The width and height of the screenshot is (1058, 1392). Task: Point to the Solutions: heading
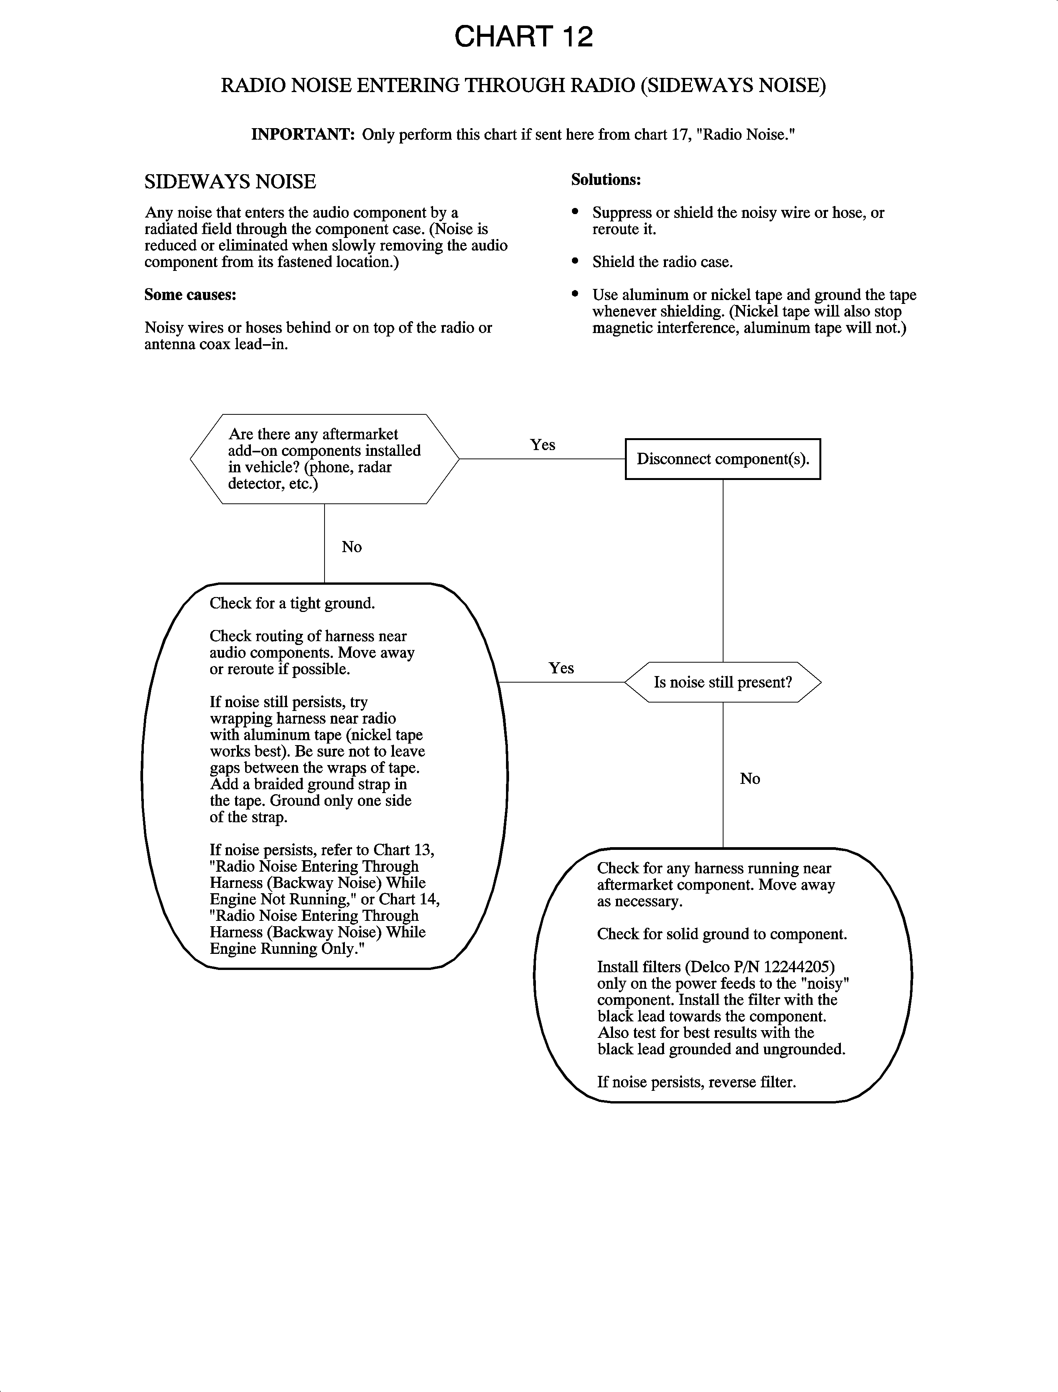[606, 180]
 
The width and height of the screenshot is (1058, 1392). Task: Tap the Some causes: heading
[190, 295]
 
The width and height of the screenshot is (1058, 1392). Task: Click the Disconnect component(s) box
[722, 459]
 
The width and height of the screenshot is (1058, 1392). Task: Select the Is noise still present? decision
[722, 682]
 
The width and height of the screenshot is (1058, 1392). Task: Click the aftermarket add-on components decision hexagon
[324, 459]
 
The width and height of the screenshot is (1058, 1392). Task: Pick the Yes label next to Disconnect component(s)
[542, 445]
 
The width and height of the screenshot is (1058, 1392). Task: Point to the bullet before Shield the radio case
[574, 261]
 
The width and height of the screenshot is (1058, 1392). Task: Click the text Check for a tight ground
[292, 604]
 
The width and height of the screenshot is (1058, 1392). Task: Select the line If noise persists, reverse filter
[697, 1082]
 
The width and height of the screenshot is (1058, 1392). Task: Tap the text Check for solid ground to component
[722, 934]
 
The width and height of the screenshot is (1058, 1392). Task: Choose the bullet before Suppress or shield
[574, 212]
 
